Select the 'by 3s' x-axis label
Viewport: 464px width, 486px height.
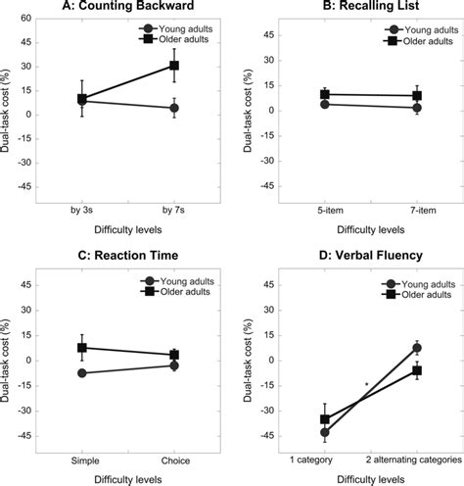point(82,209)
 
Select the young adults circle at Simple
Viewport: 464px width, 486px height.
point(82,373)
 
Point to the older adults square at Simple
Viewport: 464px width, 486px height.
point(82,348)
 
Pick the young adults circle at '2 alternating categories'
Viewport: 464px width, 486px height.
point(417,348)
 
